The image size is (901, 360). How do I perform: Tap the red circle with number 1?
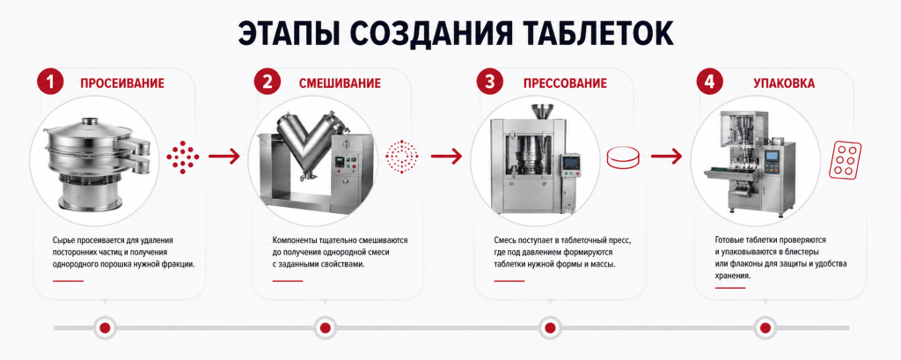[x=50, y=82]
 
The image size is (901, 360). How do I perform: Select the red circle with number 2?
[x=267, y=82]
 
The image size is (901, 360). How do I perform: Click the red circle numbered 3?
[x=489, y=82]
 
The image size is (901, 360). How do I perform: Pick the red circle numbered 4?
[x=710, y=82]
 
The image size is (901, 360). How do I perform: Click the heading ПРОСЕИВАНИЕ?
[x=121, y=84]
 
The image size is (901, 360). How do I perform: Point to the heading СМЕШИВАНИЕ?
[x=339, y=84]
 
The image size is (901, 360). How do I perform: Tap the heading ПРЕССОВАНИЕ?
[x=565, y=84]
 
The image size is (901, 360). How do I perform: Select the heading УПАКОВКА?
[x=784, y=84]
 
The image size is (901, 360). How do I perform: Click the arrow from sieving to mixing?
[x=224, y=156]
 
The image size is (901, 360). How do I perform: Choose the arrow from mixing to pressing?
[x=446, y=156]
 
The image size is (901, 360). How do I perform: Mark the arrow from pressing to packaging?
[x=667, y=156]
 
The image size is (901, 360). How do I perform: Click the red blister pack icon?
[x=845, y=158]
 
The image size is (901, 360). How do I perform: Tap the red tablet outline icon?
[x=624, y=157]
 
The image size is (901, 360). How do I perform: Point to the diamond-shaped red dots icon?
[x=183, y=156]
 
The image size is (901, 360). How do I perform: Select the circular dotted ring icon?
[x=401, y=156]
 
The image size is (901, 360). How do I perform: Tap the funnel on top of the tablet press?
[x=542, y=111]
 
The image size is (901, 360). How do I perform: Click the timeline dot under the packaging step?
[x=765, y=327]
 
